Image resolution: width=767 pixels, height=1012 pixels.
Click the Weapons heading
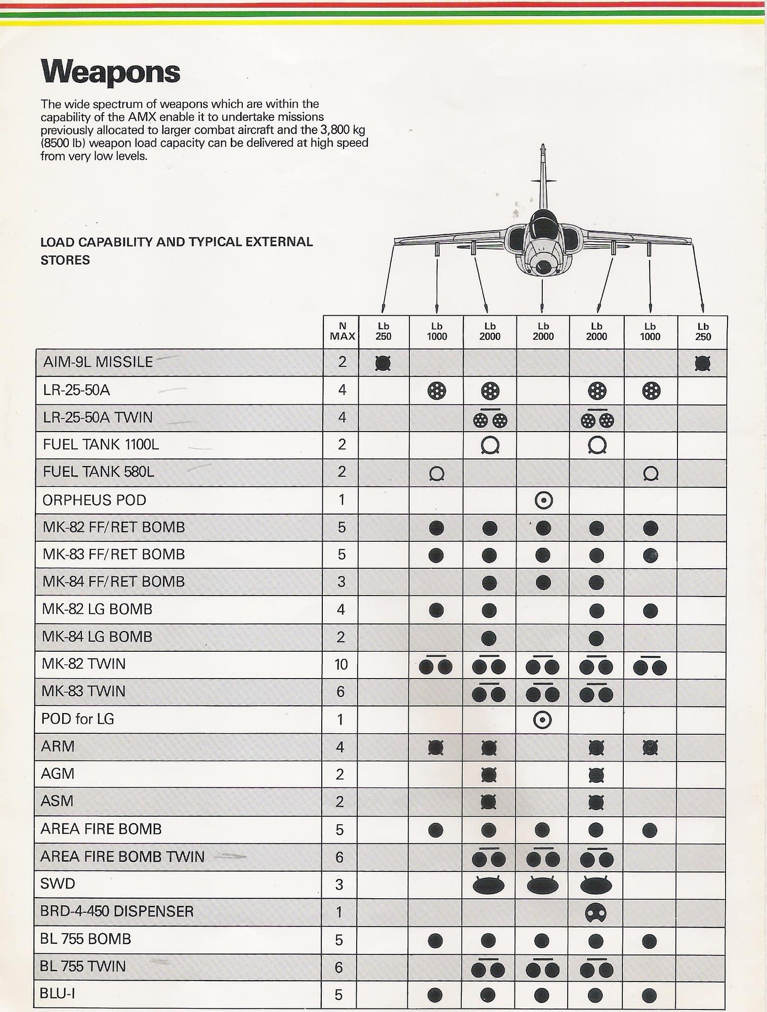point(110,72)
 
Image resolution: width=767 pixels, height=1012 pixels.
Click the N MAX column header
point(342,332)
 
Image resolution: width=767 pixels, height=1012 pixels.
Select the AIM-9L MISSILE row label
point(98,362)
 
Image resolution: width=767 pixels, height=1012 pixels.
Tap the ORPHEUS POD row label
point(94,500)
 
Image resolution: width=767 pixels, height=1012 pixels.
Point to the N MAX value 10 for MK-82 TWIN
point(341,664)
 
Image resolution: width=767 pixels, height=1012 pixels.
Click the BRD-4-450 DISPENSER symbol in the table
point(595,913)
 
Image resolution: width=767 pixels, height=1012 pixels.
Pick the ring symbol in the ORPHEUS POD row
point(543,500)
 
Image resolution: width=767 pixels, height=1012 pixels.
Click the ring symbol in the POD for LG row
point(542,720)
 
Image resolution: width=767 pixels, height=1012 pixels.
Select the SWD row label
point(58,883)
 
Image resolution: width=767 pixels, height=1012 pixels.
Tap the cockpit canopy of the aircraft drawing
point(542,222)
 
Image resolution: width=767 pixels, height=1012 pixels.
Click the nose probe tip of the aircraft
point(543,146)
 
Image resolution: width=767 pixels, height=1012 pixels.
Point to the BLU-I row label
point(58,993)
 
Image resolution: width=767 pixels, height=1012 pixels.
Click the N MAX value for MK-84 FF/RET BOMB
point(342,582)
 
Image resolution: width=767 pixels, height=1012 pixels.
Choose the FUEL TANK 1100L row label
point(101,444)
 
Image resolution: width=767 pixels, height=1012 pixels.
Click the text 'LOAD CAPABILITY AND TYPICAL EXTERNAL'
point(177,242)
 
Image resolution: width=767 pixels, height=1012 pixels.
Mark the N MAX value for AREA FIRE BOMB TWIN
point(339,857)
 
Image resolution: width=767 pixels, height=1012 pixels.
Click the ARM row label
point(58,746)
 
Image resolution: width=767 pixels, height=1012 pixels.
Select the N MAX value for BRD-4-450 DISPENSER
point(339,912)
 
